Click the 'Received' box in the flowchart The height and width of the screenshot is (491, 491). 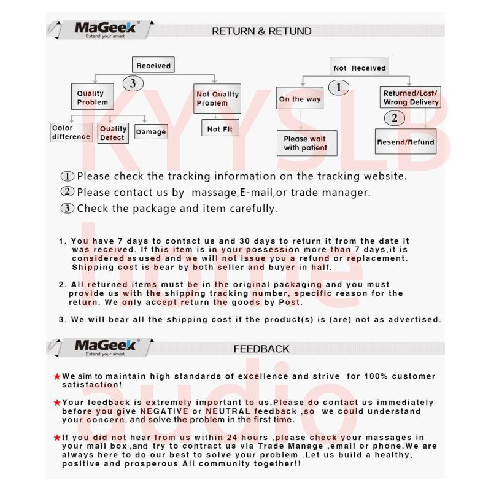153,65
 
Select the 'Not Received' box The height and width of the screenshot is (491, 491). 360,68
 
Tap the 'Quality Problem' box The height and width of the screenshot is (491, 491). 92,98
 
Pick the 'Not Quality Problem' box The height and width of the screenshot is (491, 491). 217,98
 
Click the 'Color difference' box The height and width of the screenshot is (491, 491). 71,133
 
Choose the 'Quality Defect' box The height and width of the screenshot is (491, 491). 113,133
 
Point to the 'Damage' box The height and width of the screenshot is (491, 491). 151,131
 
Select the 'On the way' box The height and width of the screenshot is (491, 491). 300,99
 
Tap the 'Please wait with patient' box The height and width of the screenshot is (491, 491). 305,143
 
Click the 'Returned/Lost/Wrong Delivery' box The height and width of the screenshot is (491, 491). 411,98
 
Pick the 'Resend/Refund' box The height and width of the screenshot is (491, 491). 406,141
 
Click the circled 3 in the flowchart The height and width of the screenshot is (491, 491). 133,83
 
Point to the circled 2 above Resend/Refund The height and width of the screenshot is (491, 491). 394,118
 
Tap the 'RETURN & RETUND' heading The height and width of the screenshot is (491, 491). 261,31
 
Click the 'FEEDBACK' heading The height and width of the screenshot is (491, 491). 261,349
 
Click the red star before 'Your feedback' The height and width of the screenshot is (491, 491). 57,403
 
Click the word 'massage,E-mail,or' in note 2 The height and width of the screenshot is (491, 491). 233,192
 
